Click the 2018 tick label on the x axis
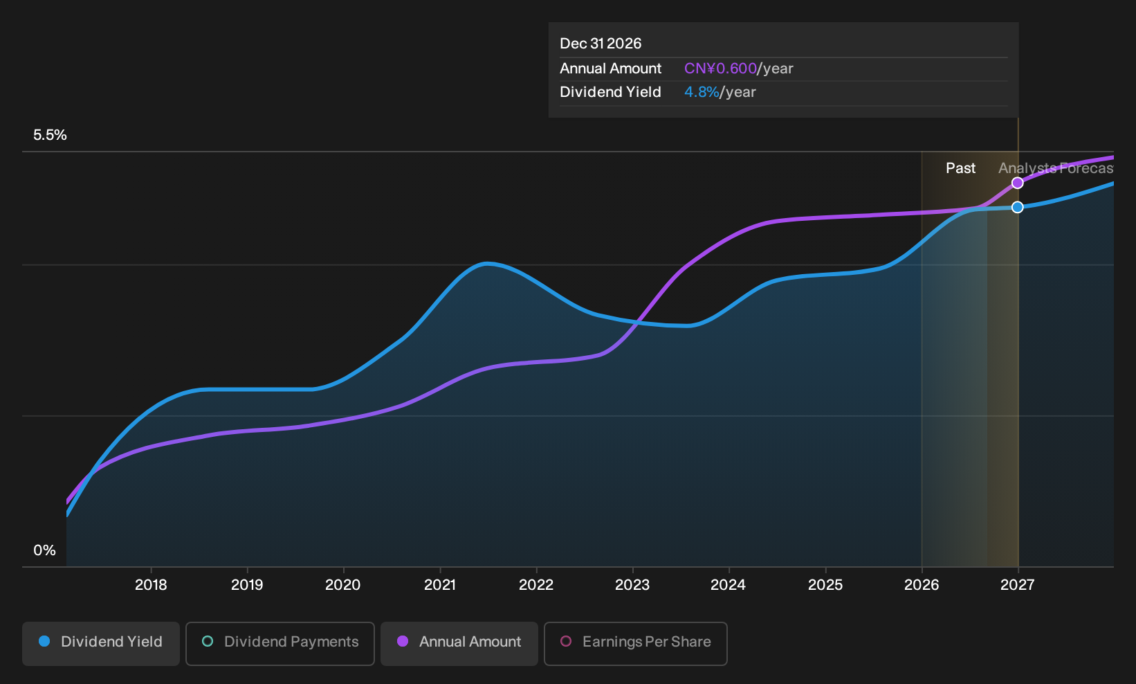pos(151,584)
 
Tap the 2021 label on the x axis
pos(440,584)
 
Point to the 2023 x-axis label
pos(632,584)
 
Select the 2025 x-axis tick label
pos(825,584)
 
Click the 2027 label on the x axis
pos(1017,584)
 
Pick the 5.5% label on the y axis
pos(50,135)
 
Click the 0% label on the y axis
pos(45,550)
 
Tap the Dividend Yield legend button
pos(101,643)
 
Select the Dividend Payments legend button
pos(280,643)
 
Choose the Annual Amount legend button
pos(459,643)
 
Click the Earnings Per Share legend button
pos(635,643)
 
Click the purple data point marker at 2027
pos(1017,183)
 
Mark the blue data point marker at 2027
pos(1017,207)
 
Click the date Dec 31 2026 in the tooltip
pos(601,44)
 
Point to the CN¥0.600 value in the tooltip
pos(720,69)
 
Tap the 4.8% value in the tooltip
pos(702,92)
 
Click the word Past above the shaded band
pos(960,168)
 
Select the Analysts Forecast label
pos(1056,168)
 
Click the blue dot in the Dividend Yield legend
pos(44,641)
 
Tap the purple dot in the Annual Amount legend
pos(402,641)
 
